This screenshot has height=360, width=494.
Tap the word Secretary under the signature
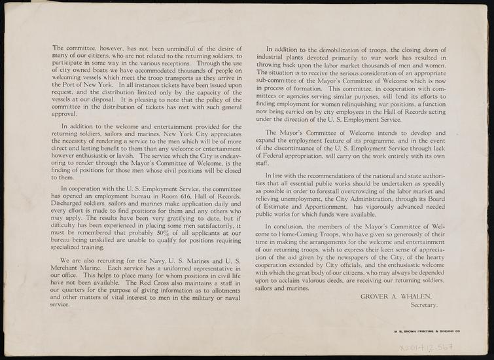(423, 306)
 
